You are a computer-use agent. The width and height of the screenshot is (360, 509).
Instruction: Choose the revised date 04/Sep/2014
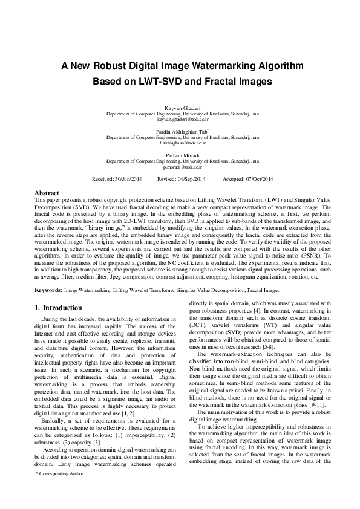pos(191,179)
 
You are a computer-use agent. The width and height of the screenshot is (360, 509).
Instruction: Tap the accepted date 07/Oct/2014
pos(258,179)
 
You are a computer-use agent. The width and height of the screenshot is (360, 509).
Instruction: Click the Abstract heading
pos(47,192)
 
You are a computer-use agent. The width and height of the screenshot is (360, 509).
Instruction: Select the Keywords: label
pos(49,291)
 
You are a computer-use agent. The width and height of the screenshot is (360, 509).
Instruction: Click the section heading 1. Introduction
pos(58,308)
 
